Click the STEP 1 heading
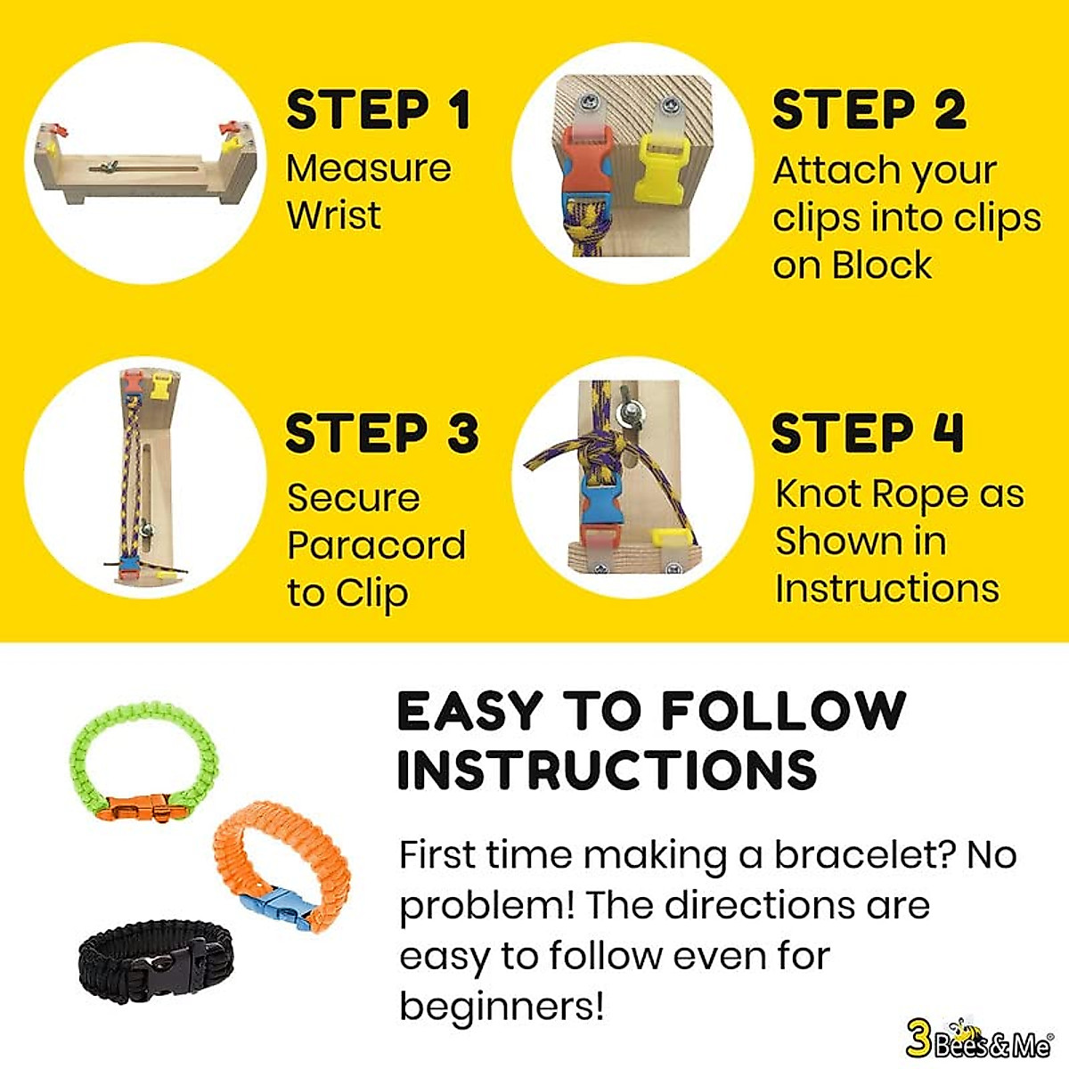tap(378, 110)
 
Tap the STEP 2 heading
tap(869, 110)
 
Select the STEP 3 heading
tap(382, 434)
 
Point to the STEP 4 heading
tap(867, 434)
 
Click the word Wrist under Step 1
tap(333, 216)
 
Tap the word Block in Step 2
tap(882, 265)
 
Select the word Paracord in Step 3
tap(376, 545)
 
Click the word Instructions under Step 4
tap(886, 589)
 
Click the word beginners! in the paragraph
tap(502, 1007)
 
